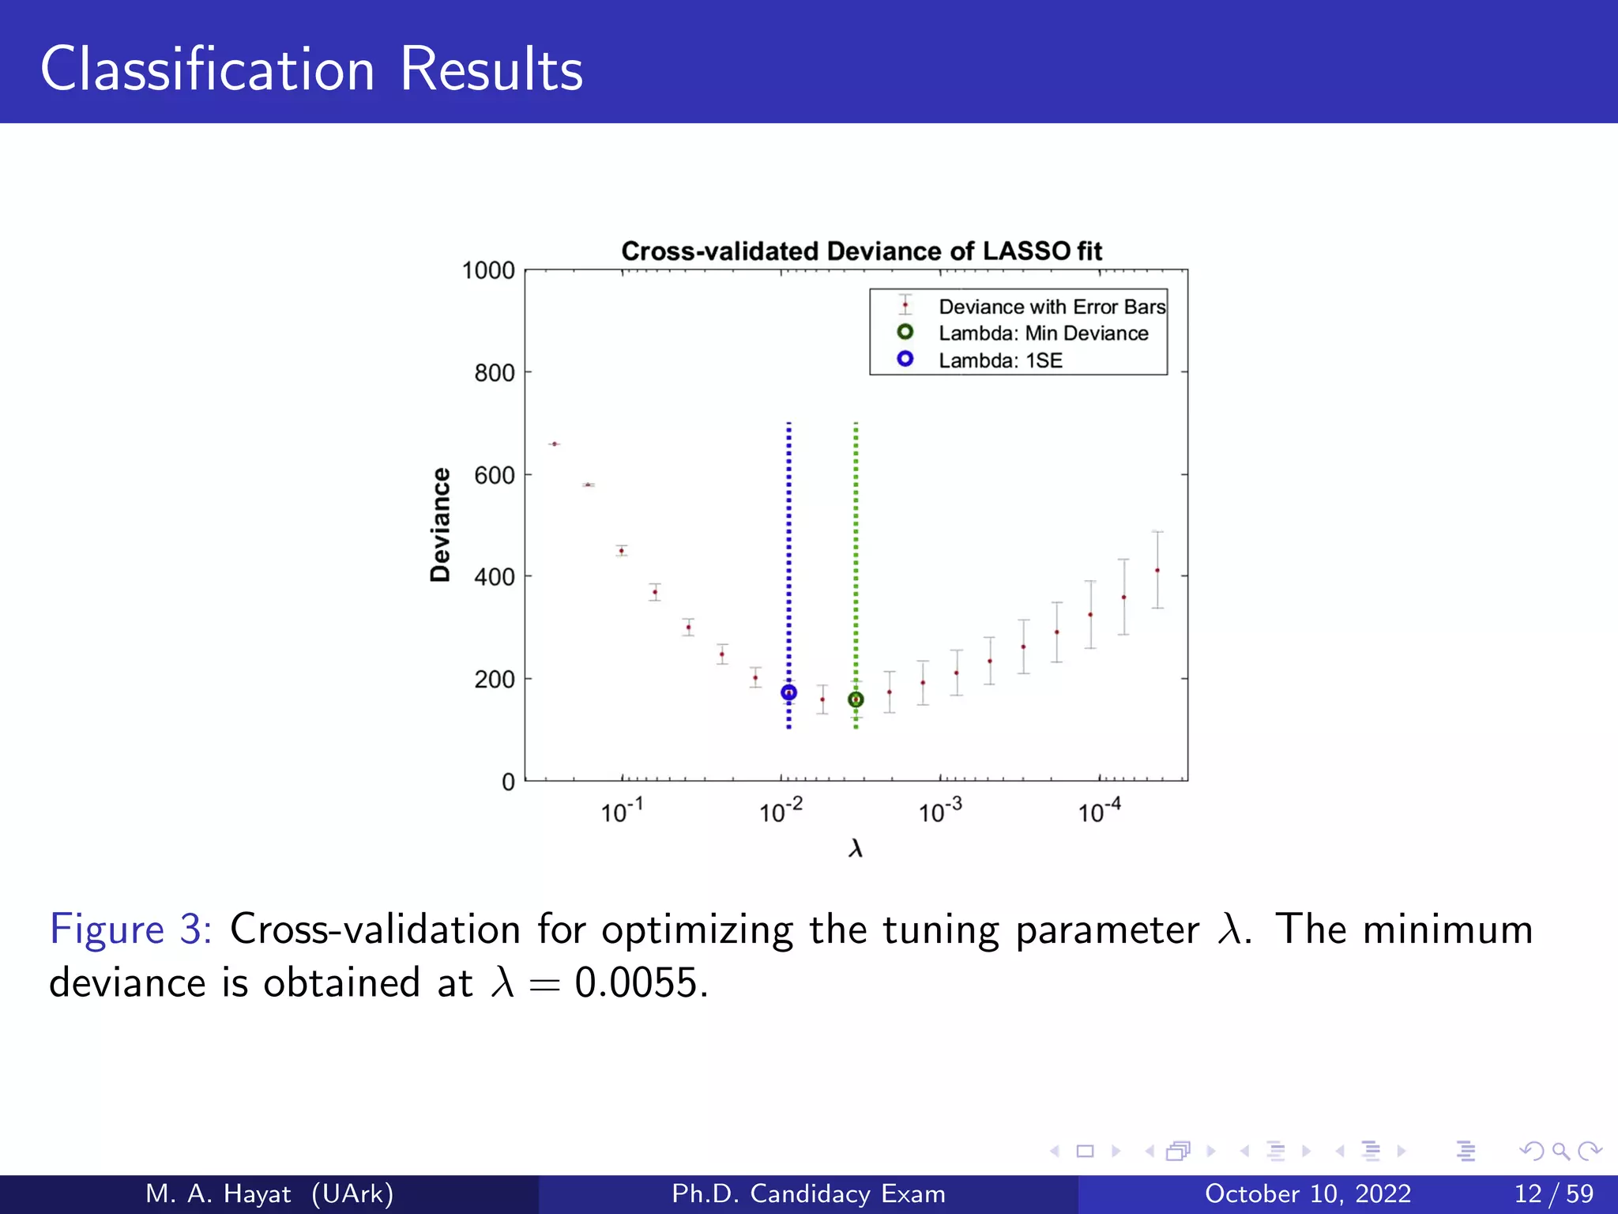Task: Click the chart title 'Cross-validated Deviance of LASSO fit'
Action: pyautogui.click(x=861, y=251)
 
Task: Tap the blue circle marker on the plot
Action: pyautogui.click(x=788, y=693)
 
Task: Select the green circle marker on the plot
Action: pyautogui.click(x=856, y=699)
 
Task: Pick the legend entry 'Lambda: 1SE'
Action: pyautogui.click(x=1000, y=360)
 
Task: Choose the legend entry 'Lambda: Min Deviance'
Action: pyautogui.click(x=1043, y=334)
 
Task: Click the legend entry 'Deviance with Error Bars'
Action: pyautogui.click(x=1052, y=307)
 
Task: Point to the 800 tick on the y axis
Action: pyautogui.click(x=495, y=372)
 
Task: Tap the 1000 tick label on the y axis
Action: pyautogui.click(x=488, y=270)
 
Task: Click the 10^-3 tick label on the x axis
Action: pyautogui.click(x=940, y=810)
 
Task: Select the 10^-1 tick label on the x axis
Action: pyautogui.click(x=622, y=810)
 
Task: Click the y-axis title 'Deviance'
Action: pyautogui.click(x=440, y=525)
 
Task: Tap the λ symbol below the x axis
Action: pyautogui.click(x=856, y=849)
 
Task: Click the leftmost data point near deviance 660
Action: pyautogui.click(x=555, y=444)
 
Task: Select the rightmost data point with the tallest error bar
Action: pyautogui.click(x=1157, y=570)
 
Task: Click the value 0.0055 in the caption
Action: pyautogui.click(x=637, y=983)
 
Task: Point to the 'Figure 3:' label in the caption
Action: pyautogui.click(x=130, y=929)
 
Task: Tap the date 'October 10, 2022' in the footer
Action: pyautogui.click(x=1308, y=1193)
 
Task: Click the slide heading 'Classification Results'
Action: pyautogui.click(x=311, y=70)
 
